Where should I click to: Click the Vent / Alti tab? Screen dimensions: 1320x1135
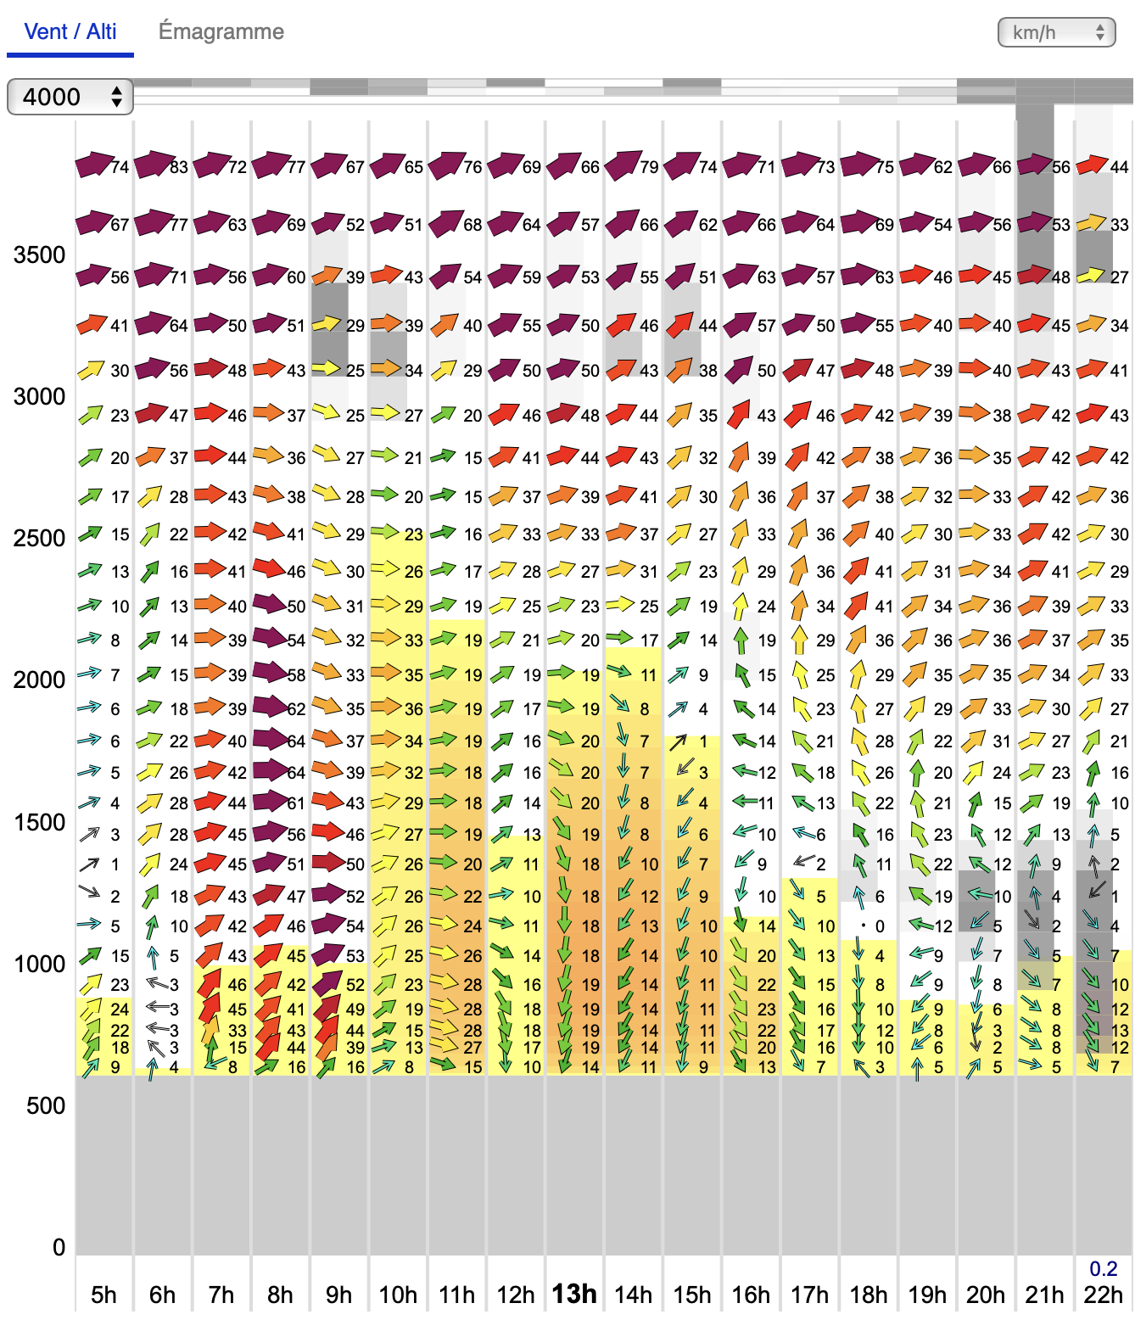coord(70,32)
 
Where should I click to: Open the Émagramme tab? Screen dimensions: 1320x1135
coord(221,32)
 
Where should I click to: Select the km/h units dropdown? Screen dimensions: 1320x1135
coord(1056,32)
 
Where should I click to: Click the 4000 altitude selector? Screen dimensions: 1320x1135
coord(70,97)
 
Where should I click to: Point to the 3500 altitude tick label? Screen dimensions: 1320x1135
coord(39,254)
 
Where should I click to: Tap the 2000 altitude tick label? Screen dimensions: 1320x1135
coord(39,680)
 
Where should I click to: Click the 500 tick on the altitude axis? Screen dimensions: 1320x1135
coord(46,1105)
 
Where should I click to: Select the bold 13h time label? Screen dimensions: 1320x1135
coord(574,1294)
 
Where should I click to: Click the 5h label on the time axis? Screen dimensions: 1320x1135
coord(103,1295)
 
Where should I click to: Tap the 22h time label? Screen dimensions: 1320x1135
coord(1103,1295)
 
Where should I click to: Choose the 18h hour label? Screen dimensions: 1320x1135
coord(869,1295)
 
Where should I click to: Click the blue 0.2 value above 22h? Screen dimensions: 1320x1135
coord(1103,1268)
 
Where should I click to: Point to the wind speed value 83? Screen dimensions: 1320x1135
coord(178,167)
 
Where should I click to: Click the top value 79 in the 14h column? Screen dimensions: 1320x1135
coord(649,167)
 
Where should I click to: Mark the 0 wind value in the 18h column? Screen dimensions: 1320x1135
coord(881,926)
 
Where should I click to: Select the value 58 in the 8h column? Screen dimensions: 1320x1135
coord(296,675)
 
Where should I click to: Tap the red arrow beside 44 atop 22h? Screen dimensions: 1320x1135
coord(1092,165)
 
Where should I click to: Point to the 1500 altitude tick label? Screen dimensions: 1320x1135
coord(39,822)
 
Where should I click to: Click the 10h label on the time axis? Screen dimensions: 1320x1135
coord(398,1295)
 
